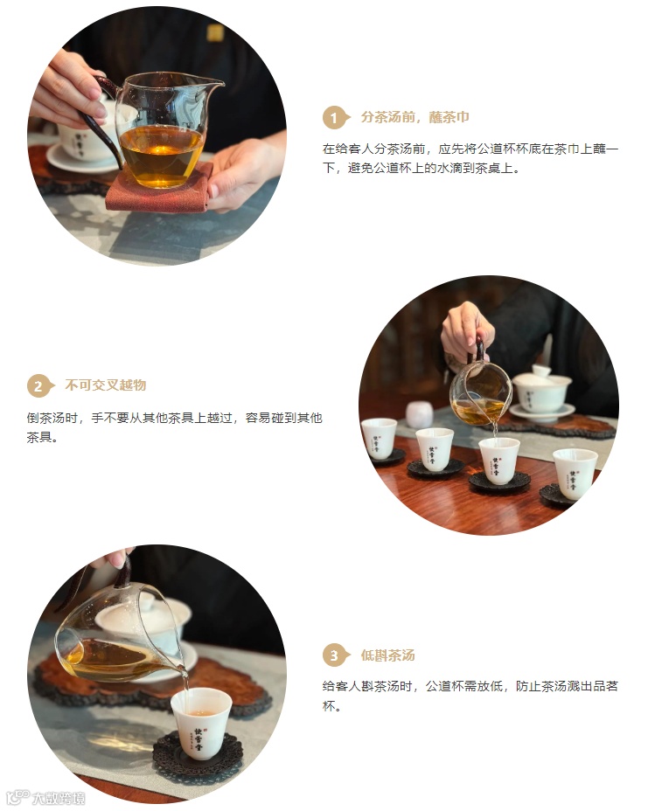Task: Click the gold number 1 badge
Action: pyautogui.click(x=335, y=117)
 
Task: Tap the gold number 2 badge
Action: pyautogui.click(x=39, y=386)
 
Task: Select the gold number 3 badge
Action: pyautogui.click(x=335, y=655)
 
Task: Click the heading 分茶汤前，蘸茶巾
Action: pyautogui.click(x=415, y=117)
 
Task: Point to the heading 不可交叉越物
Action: pyautogui.click(x=106, y=385)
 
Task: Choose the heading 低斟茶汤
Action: pyautogui.click(x=387, y=655)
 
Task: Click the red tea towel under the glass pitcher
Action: pyautogui.click(x=158, y=189)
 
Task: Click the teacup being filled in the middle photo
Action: pyautogui.click(x=499, y=461)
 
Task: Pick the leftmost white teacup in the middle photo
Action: pyautogui.click(x=379, y=439)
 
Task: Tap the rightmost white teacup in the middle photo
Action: pyautogui.click(x=575, y=474)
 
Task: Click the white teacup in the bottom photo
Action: pyautogui.click(x=201, y=723)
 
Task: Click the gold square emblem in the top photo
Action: pyautogui.click(x=215, y=32)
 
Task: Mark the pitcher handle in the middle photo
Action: pyautogui.click(x=479, y=350)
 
